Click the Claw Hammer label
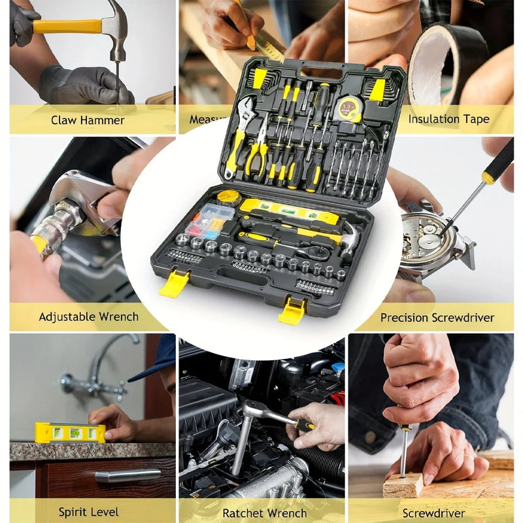pos(88,120)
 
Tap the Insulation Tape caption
pos(448,119)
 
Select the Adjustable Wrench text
pos(88,316)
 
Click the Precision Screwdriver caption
pos(437,318)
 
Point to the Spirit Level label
pos(88,512)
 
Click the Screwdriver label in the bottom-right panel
pos(433,513)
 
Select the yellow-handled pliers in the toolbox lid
pos(258,153)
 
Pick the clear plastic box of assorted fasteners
pos(208,220)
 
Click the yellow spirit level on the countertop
pos(69,432)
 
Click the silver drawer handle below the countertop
pos(127,475)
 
